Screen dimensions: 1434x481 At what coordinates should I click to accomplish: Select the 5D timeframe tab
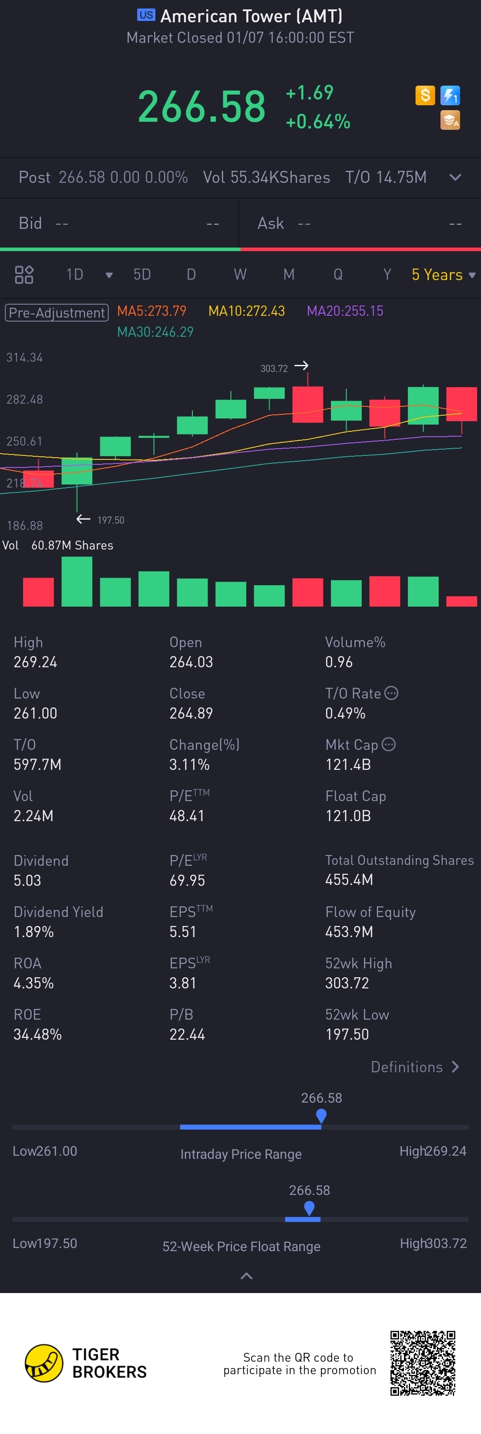click(x=142, y=274)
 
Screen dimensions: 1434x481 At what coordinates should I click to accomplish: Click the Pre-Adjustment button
click(x=56, y=312)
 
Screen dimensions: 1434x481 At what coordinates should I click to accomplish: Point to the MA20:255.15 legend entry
click(x=345, y=310)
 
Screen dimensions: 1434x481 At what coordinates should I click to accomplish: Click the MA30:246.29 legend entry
click(x=155, y=332)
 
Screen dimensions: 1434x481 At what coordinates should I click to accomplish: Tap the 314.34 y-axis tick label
click(x=24, y=357)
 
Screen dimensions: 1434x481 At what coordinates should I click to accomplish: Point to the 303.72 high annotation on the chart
click(x=274, y=368)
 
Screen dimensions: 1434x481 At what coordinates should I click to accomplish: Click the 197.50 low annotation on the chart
click(x=110, y=520)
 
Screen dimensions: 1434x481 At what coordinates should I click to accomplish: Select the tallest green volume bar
click(x=77, y=581)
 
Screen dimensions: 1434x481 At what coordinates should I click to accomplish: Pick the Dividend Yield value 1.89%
click(x=34, y=931)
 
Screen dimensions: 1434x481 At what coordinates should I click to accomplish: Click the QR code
click(x=423, y=1363)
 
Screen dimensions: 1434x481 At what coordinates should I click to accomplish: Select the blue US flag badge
click(x=146, y=15)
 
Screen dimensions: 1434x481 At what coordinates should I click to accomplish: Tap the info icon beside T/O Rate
click(x=391, y=693)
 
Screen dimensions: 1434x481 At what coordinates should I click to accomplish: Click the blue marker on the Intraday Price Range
click(x=321, y=1115)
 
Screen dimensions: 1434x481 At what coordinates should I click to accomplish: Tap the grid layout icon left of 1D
click(x=24, y=274)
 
